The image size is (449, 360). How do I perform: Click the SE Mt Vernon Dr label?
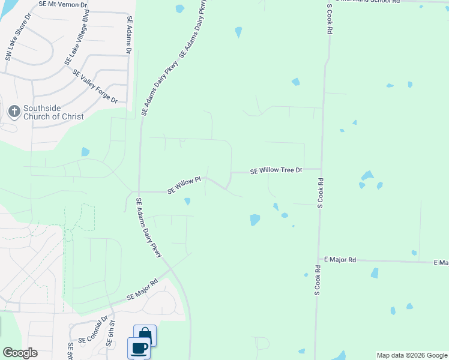[62, 4]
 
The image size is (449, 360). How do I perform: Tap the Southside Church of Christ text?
[53, 112]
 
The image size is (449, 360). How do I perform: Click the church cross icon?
[14, 111]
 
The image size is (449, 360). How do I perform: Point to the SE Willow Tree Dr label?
[276, 170]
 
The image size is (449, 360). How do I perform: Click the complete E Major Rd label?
[340, 259]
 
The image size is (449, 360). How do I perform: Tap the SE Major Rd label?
[142, 289]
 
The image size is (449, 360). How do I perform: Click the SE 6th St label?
[109, 335]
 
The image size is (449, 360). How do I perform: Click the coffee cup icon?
[139, 347]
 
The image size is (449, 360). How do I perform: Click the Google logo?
[20, 353]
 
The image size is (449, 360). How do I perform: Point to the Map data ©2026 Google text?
[412, 355]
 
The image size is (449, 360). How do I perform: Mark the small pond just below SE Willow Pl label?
[187, 202]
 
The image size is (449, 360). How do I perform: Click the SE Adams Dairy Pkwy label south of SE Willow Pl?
[149, 229]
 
